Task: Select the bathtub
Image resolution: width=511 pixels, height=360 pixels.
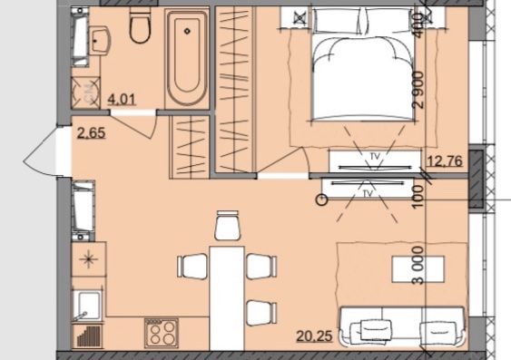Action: (x=187, y=58)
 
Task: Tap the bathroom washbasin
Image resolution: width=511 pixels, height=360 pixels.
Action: (x=100, y=42)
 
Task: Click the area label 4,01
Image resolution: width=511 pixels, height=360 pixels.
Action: (x=122, y=99)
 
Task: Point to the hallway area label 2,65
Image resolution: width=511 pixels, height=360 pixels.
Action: (x=92, y=133)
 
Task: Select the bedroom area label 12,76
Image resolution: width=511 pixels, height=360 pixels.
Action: (x=446, y=161)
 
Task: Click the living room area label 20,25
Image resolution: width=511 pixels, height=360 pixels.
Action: (x=314, y=336)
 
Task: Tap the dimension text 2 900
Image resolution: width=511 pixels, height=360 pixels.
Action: (x=419, y=90)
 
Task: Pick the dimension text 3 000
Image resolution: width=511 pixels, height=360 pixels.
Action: (x=418, y=266)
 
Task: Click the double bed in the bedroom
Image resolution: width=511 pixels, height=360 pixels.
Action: (x=362, y=64)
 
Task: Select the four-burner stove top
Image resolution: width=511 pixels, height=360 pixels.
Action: (x=162, y=333)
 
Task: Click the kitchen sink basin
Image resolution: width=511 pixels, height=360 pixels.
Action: (x=88, y=306)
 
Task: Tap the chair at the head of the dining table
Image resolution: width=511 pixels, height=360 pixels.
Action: (x=227, y=226)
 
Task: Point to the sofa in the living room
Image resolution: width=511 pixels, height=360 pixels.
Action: (x=401, y=326)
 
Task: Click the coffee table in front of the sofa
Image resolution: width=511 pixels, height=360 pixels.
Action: (x=418, y=269)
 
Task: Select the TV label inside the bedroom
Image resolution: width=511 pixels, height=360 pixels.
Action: (x=376, y=157)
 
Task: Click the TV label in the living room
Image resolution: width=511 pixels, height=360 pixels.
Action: (x=368, y=194)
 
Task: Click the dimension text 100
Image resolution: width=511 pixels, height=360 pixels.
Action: (x=418, y=197)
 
